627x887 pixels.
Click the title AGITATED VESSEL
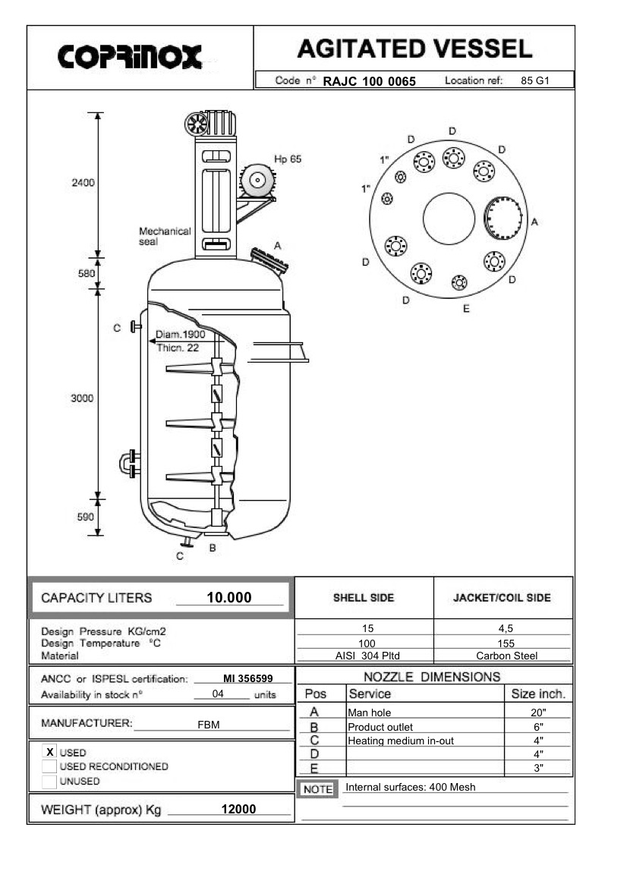pyautogui.click(x=414, y=49)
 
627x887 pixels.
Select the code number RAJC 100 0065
pyautogui.click(x=369, y=81)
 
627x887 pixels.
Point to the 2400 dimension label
pyautogui.click(x=83, y=183)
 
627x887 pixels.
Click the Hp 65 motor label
pyautogui.click(x=288, y=159)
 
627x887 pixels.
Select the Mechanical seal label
pyautogui.click(x=165, y=236)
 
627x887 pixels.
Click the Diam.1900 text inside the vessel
pyautogui.click(x=180, y=334)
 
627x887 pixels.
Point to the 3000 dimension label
pyautogui.click(x=82, y=398)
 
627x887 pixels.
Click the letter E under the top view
pyautogui.click(x=466, y=308)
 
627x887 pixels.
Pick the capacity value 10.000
pyautogui.click(x=228, y=598)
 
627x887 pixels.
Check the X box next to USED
pyautogui.click(x=50, y=751)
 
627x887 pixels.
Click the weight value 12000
pyautogui.click(x=238, y=810)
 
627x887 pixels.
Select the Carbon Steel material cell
pyautogui.click(x=506, y=656)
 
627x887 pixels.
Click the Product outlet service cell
pyautogui.click(x=380, y=727)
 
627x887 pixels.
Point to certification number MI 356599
pyautogui.click(x=247, y=678)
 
